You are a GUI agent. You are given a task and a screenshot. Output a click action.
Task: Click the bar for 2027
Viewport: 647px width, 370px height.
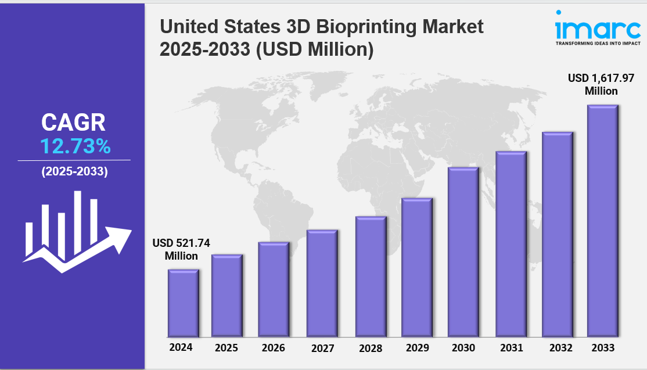(322, 283)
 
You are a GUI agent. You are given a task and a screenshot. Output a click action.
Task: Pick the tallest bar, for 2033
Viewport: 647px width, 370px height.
(602, 221)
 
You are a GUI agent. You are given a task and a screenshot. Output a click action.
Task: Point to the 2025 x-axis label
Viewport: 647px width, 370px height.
(227, 349)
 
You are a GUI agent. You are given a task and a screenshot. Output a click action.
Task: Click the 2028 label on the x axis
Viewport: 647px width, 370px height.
(371, 349)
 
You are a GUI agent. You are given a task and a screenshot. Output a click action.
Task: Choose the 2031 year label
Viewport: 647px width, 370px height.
(511, 348)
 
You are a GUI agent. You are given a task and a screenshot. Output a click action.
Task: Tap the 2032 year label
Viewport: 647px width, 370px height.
(557, 348)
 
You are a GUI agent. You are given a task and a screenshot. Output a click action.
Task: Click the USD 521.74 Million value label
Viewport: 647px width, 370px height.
(181, 249)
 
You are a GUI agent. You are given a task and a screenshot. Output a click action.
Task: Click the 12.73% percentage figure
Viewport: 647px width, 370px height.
(75, 146)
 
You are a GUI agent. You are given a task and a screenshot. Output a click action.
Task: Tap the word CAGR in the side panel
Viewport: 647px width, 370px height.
(74, 123)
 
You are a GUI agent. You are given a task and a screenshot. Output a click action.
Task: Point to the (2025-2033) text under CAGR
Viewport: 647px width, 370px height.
(74, 172)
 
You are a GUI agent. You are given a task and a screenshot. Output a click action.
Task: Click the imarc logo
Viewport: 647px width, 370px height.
(598, 28)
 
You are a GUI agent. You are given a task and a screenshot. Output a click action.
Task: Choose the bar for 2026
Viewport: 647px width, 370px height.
(274, 289)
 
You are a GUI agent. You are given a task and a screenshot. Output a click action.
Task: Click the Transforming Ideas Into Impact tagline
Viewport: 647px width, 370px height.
(598, 44)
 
